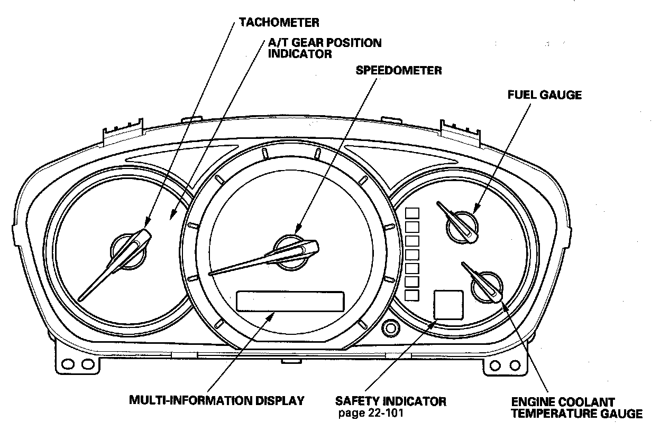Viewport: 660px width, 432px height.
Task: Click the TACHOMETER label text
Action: coord(279,23)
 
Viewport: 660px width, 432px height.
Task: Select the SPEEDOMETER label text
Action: coord(399,70)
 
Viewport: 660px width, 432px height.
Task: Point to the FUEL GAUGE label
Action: coord(544,95)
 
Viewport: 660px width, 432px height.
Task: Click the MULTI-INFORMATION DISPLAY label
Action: coord(217,400)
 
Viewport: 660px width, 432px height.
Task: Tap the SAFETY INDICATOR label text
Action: coord(390,401)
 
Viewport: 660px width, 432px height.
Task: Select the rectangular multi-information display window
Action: coord(290,301)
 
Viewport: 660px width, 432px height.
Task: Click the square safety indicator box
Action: coord(448,305)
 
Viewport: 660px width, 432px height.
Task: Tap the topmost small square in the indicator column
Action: coord(411,213)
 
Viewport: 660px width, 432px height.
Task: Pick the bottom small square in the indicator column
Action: coord(411,295)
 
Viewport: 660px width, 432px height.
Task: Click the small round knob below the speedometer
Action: coord(391,328)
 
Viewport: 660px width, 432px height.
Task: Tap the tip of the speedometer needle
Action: coord(211,274)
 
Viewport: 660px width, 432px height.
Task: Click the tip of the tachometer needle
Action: coord(79,299)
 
